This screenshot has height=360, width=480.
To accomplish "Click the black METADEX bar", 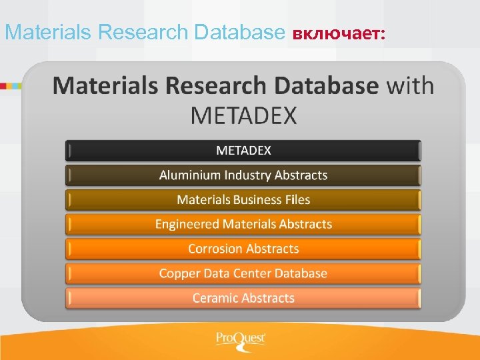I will click(243, 150).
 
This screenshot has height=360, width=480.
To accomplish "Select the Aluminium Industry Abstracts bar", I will click(243, 175).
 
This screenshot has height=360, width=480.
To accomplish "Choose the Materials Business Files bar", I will click(243, 200).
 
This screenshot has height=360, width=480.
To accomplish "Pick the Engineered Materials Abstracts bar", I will click(243, 224).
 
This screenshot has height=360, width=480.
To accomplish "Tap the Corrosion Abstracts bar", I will click(243, 249).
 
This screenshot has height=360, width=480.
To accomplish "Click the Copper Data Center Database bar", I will click(243, 273).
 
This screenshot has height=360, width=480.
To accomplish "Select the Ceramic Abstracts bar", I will click(243, 298).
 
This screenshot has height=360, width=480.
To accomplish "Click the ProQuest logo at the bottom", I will click(241, 339).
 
